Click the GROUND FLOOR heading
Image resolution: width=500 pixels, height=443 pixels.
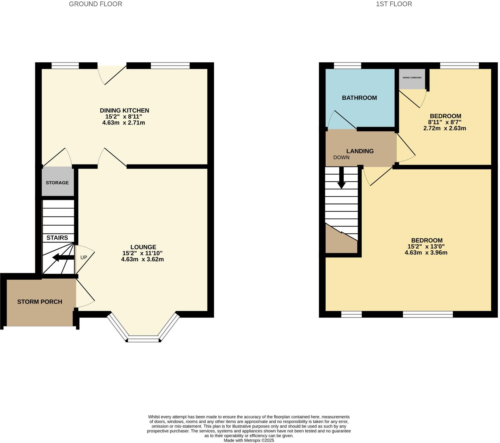(x=95, y=4)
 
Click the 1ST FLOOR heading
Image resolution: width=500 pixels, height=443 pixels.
(x=394, y=4)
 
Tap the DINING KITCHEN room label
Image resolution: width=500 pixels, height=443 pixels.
(x=124, y=110)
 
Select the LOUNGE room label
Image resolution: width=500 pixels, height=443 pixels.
(x=143, y=247)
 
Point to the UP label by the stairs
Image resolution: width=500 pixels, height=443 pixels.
(x=84, y=257)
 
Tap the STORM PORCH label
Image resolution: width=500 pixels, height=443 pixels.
(x=40, y=302)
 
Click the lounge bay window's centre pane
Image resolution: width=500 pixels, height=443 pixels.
(x=143, y=339)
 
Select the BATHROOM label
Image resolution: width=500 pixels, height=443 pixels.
(x=359, y=98)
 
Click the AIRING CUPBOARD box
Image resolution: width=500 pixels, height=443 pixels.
(x=412, y=78)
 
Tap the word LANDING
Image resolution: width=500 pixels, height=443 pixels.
(x=360, y=151)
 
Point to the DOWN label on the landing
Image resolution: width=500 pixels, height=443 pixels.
(x=341, y=157)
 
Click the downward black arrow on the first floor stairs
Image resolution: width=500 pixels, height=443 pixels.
(x=341, y=179)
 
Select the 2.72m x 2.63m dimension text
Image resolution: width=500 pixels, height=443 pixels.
(x=445, y=128)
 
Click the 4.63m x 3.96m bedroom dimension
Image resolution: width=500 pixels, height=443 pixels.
(x=426, y=253)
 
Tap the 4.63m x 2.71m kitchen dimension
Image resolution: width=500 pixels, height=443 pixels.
(x=124, y=123)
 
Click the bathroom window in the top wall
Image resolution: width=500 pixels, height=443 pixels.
(x=347, y=66)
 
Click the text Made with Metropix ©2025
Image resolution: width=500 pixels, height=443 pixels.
(x=249, y=440)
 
